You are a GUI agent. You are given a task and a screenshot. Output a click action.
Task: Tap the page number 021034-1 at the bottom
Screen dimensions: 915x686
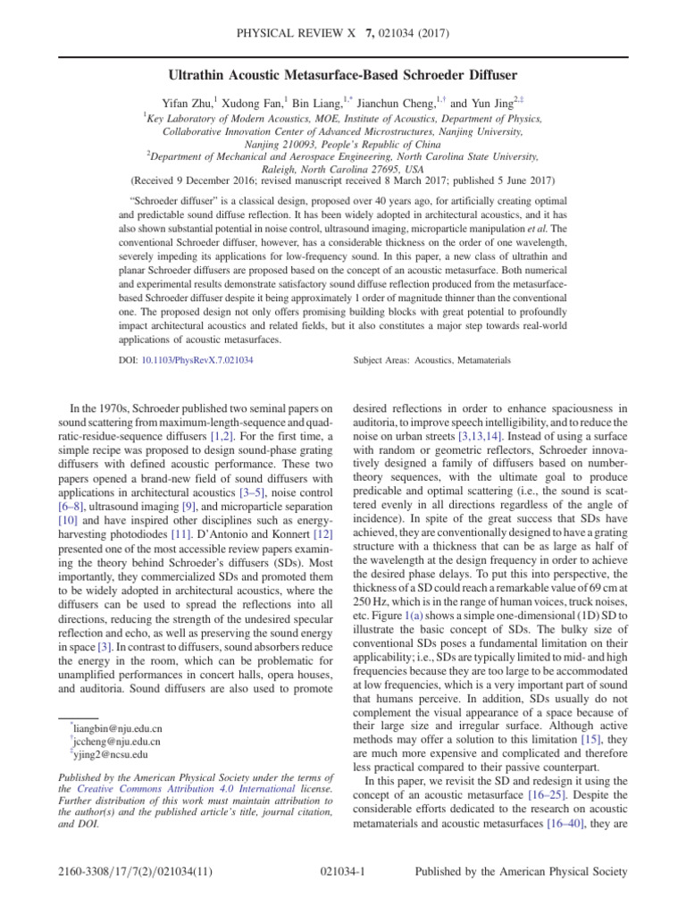coord(344,893)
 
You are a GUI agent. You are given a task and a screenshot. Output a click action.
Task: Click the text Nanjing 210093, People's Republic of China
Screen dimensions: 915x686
coord(342,142)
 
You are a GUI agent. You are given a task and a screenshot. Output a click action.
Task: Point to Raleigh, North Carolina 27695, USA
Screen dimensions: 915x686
coord(342,167)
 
